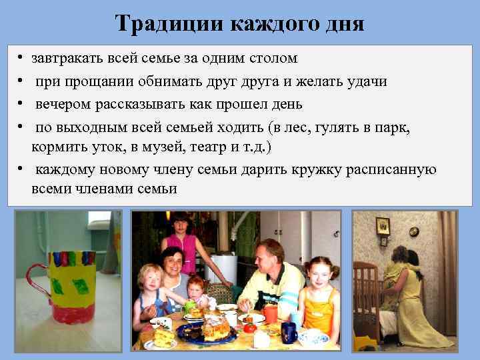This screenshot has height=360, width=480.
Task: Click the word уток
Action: [x=102, y=146]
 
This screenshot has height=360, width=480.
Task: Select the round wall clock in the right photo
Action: [x=413, y=231]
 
